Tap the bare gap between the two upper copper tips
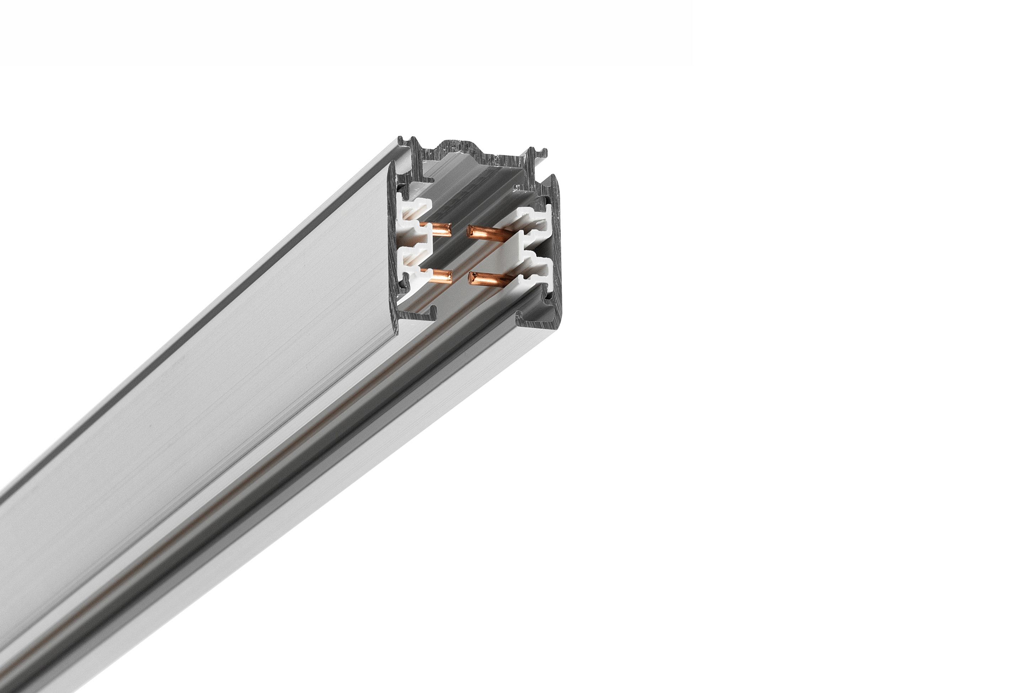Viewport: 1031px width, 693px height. (x=460, y=230)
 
